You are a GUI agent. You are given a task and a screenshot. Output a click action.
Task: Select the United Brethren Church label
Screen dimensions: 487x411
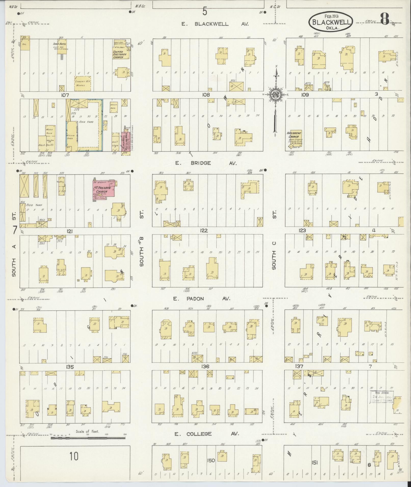[x=118, y=54]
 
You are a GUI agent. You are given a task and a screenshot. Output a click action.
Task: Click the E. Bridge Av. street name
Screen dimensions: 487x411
[x=206, y=163]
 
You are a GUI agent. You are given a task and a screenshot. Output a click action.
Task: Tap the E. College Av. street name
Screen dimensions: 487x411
[x=206, y=434]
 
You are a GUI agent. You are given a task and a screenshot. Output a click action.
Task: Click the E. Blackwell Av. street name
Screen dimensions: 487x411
[x=215, y=24]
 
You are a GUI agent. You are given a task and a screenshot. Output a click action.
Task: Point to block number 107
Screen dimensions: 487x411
[x=65, y=95]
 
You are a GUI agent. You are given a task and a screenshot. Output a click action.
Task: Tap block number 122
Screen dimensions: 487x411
[x=204, y=231]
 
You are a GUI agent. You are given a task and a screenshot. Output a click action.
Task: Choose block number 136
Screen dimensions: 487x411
[x=205, y=367]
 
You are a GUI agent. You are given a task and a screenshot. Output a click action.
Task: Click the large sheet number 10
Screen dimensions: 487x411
[x=74, y=456]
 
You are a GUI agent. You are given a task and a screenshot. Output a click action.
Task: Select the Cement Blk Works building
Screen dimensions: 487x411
[x=83, y=83]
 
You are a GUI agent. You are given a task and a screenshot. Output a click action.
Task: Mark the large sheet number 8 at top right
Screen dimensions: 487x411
[x=385, y=18]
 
